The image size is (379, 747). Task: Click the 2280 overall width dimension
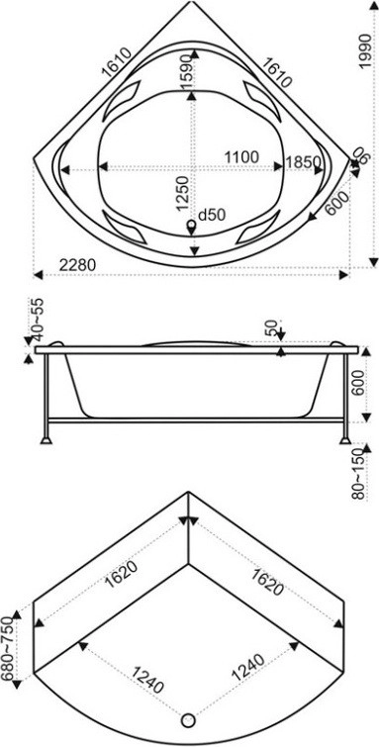pos(78,265)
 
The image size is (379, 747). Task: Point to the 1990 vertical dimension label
pos(365,51)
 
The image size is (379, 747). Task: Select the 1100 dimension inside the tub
pos(241,156)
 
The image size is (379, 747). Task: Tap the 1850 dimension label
pos(303,162)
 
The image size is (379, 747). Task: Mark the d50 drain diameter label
pos(211,216)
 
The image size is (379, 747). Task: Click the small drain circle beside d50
pos(192,224)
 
